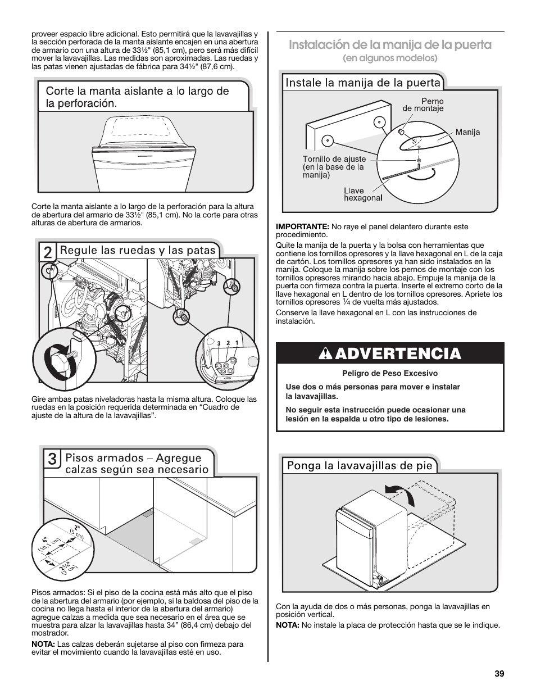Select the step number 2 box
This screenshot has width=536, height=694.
point(48,252)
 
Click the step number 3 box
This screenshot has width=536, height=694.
point(52,459)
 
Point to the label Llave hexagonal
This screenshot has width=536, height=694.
point(362,194)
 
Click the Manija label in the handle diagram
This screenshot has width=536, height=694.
point(467,132)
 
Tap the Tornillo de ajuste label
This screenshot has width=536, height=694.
point(334,167)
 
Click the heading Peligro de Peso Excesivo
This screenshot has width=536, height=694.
point(389,373)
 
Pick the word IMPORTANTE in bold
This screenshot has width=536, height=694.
point(302,226)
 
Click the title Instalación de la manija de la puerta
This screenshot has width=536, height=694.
point(390,45)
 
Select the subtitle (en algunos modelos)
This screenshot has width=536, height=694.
point(390,58)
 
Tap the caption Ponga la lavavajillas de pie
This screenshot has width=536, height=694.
point(360,465)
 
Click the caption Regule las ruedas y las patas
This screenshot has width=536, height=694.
point(138,250)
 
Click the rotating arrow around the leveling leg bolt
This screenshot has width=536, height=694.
point(54,359)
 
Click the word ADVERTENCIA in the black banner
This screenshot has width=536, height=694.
point(400,354)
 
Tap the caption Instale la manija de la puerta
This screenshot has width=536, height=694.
point(363,83)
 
